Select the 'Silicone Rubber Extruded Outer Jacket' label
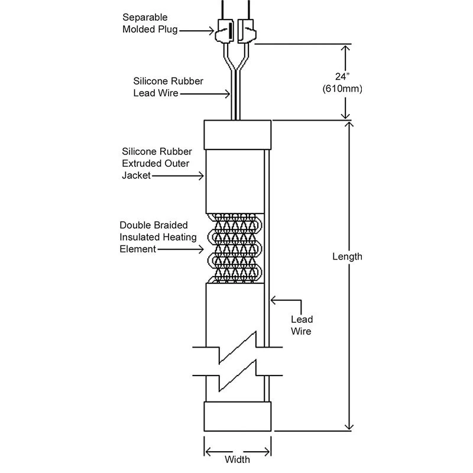click(x=156, y=163)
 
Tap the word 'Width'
click(x=238, y=459)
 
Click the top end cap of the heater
click(x=238, y=135)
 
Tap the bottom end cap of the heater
click(x=238, y=416)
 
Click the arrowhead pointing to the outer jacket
click(x=202, y=175)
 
